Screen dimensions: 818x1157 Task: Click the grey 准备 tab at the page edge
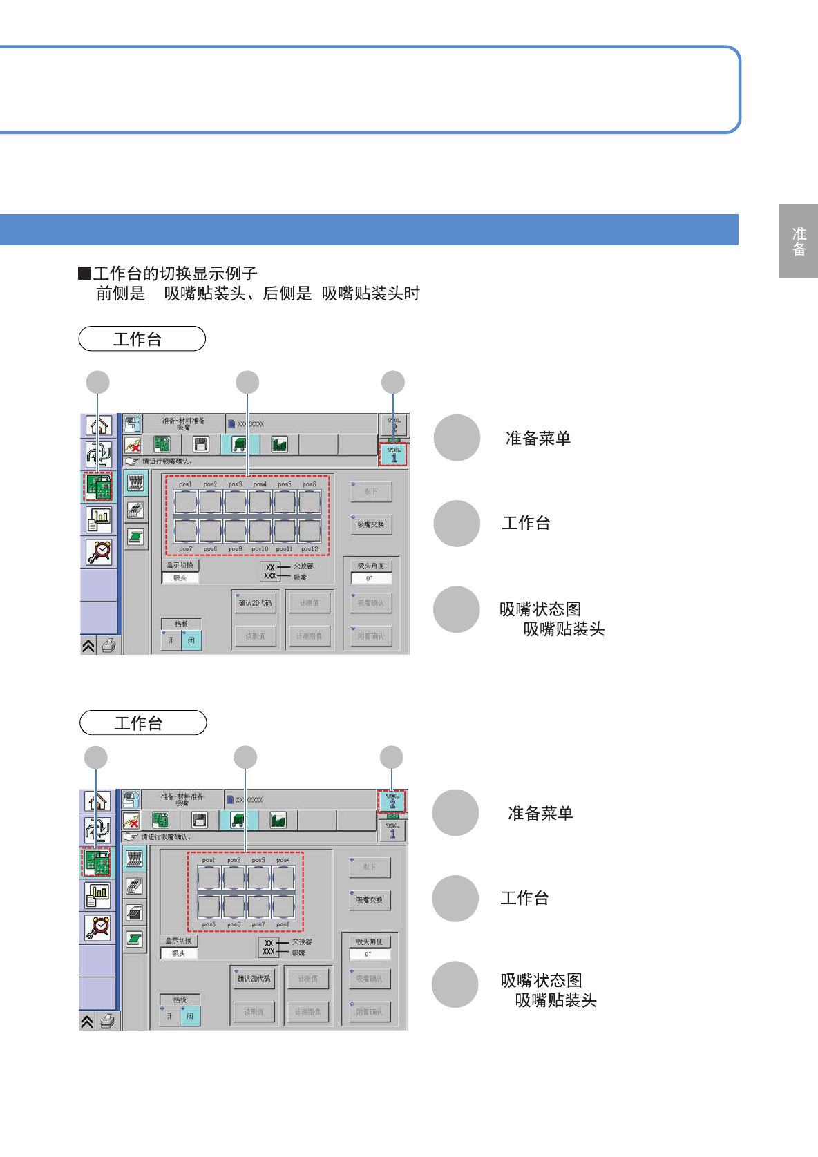click(x=799, y=241)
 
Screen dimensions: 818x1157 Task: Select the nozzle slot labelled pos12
click(x=310, y=530)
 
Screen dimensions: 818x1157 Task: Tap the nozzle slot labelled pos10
click(x=260, y=530)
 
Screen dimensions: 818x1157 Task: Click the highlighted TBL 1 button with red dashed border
click(x=394, y=455)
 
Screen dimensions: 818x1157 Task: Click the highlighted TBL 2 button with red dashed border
click(x=392, y=801)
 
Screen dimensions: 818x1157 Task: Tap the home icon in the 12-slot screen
click(x=99, y=425)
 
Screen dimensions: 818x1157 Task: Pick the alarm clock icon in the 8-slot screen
click(x=97, y=927)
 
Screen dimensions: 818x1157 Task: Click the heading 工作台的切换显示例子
click(x=175, y=274)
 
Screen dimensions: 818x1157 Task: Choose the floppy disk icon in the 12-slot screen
click(x=201, y=444)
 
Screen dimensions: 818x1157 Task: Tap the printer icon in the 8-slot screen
click(x=108, y=1021)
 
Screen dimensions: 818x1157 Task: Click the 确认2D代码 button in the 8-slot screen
click(x=254, y=978)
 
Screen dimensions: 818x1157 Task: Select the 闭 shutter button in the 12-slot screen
click(x=191, y=640)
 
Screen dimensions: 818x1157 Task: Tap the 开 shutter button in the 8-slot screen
click(x=169, y=1016)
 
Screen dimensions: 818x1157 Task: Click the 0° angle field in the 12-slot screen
click(x=370, y=578)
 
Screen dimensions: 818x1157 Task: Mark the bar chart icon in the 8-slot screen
click(x=97, y=895)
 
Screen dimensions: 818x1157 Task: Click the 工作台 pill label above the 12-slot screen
click(x=142, y=339)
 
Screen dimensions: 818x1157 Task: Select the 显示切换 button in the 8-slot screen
click(x=179, y=941)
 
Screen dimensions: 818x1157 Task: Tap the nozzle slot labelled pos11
click(x=285, y=530)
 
